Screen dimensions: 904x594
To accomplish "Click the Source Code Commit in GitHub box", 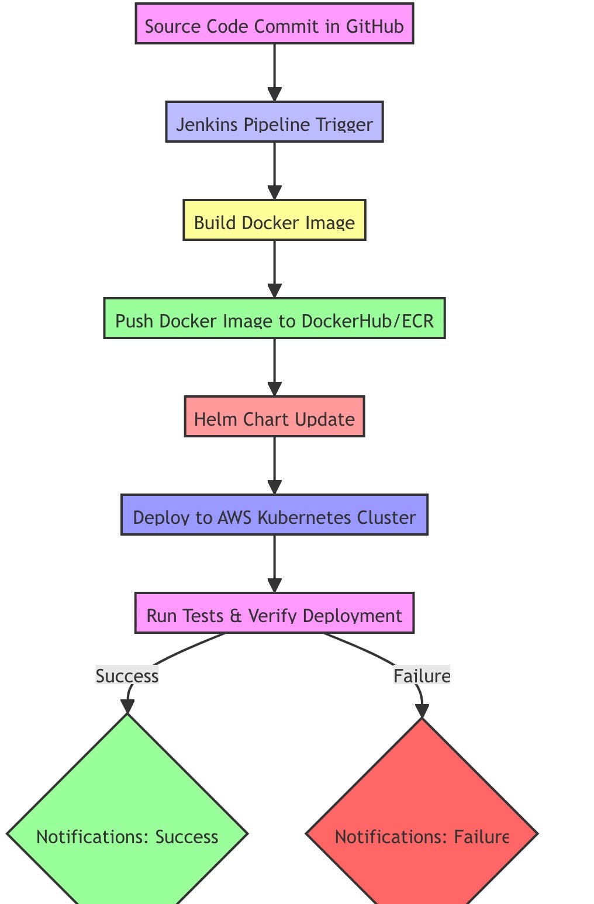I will coord(274,24).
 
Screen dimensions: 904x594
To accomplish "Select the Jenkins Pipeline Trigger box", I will coord(274,122).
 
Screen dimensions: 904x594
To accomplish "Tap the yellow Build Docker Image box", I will coord(274,220).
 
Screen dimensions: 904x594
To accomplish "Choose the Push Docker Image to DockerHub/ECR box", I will coord(274,319).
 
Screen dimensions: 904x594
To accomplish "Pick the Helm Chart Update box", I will coord(274,417).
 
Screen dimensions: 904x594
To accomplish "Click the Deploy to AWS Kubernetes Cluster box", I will coord(274,515).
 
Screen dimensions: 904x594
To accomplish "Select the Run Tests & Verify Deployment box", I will coord(274,613).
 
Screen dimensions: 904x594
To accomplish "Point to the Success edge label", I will coord(127,676).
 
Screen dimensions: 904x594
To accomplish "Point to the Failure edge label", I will coord(422,676).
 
